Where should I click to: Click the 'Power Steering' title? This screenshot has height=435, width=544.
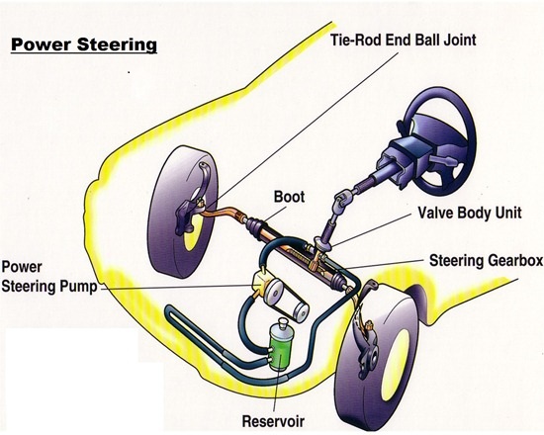pos(84,45)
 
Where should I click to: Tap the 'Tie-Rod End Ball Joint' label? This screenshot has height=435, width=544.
pos(403,40)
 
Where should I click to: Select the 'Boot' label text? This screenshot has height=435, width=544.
pos(289,197)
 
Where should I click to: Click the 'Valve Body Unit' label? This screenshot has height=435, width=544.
pos(470,213)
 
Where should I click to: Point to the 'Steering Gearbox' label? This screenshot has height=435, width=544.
pos(486,260)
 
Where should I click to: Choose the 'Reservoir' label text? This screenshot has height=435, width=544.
pos(273,421)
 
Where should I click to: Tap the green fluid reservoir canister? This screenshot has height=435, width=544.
pos(281,348)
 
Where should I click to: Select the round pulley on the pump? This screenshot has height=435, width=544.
pos(274,293)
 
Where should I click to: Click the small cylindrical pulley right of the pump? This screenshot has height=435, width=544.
pos(300,311)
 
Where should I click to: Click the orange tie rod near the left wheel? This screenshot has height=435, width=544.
pos(220,213)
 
